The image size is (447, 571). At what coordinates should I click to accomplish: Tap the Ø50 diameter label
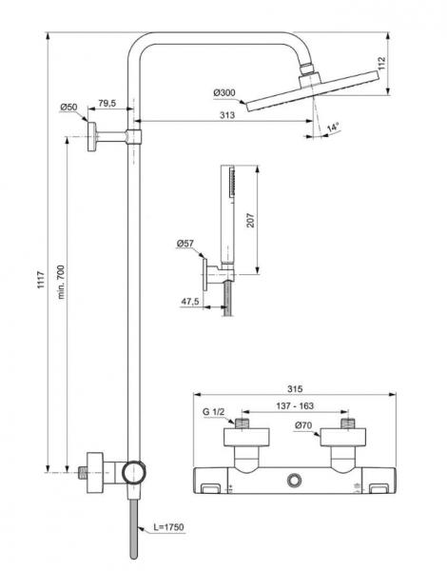pos(68,107)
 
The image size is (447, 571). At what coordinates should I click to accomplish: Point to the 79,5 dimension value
pos(107,103)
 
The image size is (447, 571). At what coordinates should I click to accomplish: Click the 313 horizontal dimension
pos(226,115)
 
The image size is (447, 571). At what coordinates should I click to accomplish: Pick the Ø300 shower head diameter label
pos(224,92)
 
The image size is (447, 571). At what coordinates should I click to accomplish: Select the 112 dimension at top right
pos(407,63)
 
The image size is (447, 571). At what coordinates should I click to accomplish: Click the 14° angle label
pos(332,127)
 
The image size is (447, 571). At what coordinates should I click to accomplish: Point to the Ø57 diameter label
pos(185,244)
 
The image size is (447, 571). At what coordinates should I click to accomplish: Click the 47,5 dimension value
pos(188,302)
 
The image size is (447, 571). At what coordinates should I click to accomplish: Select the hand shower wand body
pos(227,214)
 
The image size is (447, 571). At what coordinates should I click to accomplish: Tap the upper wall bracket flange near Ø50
pos(92,137)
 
